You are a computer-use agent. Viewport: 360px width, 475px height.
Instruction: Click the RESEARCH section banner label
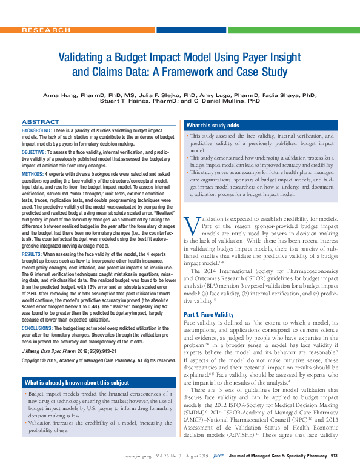(x=45, y=30)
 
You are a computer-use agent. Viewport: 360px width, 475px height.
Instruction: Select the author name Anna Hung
(x=62, y=96)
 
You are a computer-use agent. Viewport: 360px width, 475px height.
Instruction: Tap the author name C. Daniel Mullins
(x=235, y=103)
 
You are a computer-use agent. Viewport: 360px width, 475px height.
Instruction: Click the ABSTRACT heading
(x=40, y=122)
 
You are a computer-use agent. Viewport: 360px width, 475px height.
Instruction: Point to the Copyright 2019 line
(x=91, y=343)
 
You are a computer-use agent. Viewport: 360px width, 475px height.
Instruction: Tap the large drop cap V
(x=191, y=226)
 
